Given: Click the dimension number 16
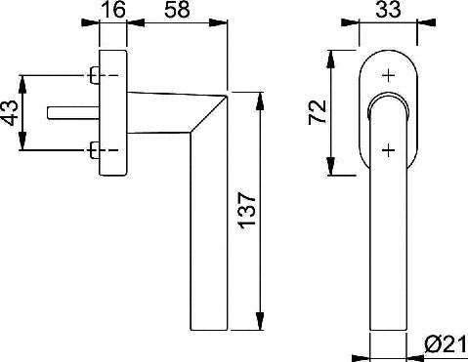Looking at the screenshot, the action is [x=113, y=9].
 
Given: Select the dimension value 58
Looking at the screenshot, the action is [x=177, y=9].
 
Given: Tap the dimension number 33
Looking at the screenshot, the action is [x=388, y=9].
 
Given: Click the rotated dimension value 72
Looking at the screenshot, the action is [x=318, y=112].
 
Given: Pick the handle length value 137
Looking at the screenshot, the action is [x=246, y=211].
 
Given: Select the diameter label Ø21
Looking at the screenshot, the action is [x=446, y=344].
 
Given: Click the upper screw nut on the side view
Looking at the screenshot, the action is [x=94, y=75].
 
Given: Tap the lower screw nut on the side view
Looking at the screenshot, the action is [x=94, y=150].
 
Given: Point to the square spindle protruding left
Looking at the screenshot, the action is [x=73, y=112].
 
